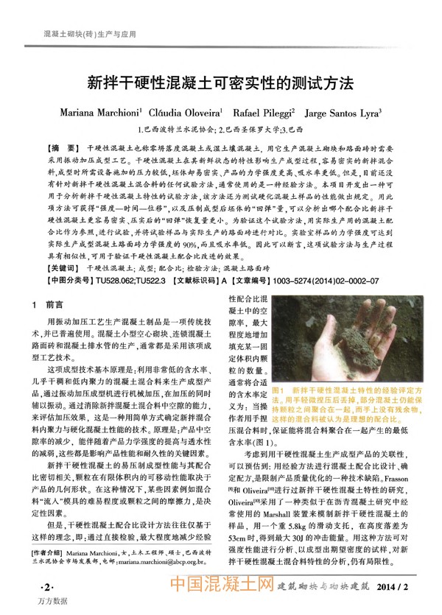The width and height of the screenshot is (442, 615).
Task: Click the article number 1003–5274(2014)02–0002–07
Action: tap(326, 281)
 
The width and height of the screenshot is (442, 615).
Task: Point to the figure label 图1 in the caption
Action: tap(278, 388)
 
